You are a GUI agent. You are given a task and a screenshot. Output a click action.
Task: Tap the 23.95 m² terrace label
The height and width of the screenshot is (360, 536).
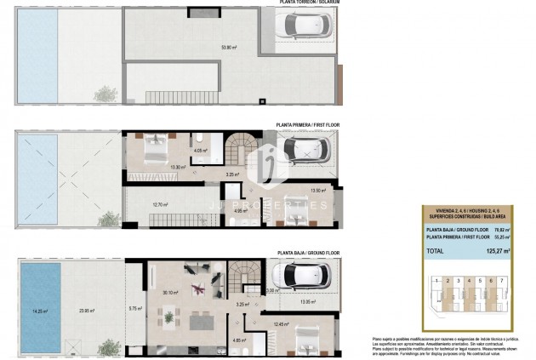tap(85, 311)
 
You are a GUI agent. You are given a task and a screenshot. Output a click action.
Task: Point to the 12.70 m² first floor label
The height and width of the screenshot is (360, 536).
tap(160, 204)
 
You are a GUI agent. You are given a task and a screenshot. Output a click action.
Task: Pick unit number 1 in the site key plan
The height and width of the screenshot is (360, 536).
tap(436, 280)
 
